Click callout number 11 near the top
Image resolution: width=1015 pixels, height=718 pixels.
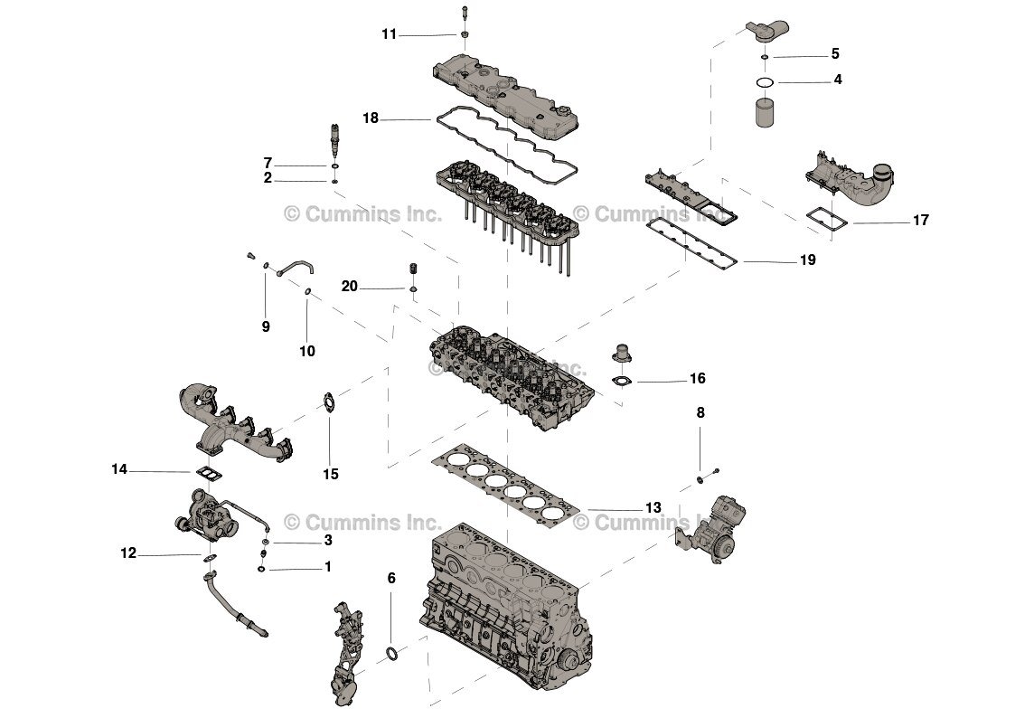pos(389,34)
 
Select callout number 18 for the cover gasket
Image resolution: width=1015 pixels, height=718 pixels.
pos(371,118)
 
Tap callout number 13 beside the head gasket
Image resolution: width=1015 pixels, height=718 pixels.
pos(653,507)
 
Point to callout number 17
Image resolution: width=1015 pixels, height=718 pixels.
pos(920,220)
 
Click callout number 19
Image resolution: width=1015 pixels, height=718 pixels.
pos(807,260)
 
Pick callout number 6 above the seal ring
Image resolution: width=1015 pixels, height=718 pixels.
pos(391,578)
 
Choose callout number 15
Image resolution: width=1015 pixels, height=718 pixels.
pos(331,474)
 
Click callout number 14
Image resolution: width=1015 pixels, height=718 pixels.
pos(119,469)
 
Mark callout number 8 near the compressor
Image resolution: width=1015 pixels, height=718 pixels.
pos(700,412)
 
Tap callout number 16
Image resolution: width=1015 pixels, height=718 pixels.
pos(697,379)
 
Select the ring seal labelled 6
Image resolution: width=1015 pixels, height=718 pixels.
pos(391,653)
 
